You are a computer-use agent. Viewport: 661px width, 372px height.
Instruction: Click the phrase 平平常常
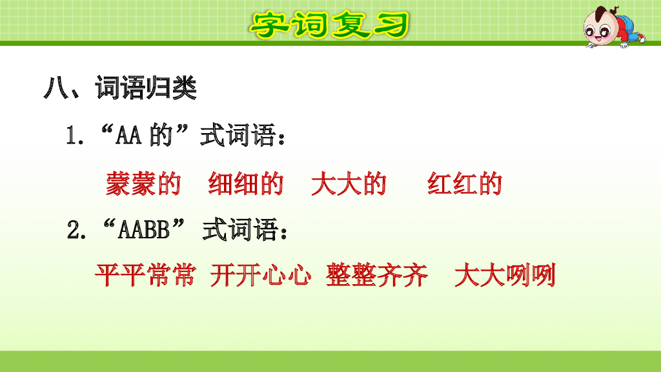(144, 276)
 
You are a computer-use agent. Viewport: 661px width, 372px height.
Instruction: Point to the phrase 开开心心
(259, 276)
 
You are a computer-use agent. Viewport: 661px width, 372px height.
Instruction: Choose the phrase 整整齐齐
(377, 276)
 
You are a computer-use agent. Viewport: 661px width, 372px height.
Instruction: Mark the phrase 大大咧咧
(505, 276)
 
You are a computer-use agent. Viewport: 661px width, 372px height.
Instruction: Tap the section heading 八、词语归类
(120, 88)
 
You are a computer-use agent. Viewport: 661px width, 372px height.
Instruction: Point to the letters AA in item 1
(130, 137)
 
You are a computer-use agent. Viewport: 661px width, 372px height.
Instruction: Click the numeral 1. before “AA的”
(76, 137)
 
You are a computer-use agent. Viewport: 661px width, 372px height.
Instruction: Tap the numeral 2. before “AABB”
(77, 231)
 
